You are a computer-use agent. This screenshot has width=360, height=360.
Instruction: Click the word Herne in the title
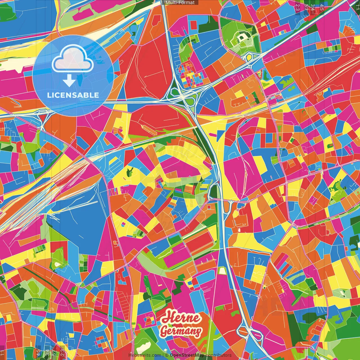[181, 318]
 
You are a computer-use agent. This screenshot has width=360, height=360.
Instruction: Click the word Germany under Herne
[181, 331]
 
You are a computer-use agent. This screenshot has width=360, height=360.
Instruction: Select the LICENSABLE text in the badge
[73, 95]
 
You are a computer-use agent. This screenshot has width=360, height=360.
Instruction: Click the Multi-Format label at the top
[180, 3]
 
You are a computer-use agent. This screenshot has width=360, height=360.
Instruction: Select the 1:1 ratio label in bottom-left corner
[3, 353]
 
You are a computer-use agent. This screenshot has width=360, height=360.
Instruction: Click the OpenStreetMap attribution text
[187, 355]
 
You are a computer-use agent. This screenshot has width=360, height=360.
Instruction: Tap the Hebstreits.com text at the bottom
[145, 355]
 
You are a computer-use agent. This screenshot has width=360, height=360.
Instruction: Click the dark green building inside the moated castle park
[242, 37]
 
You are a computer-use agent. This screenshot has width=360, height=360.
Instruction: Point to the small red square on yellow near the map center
[209, 207]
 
